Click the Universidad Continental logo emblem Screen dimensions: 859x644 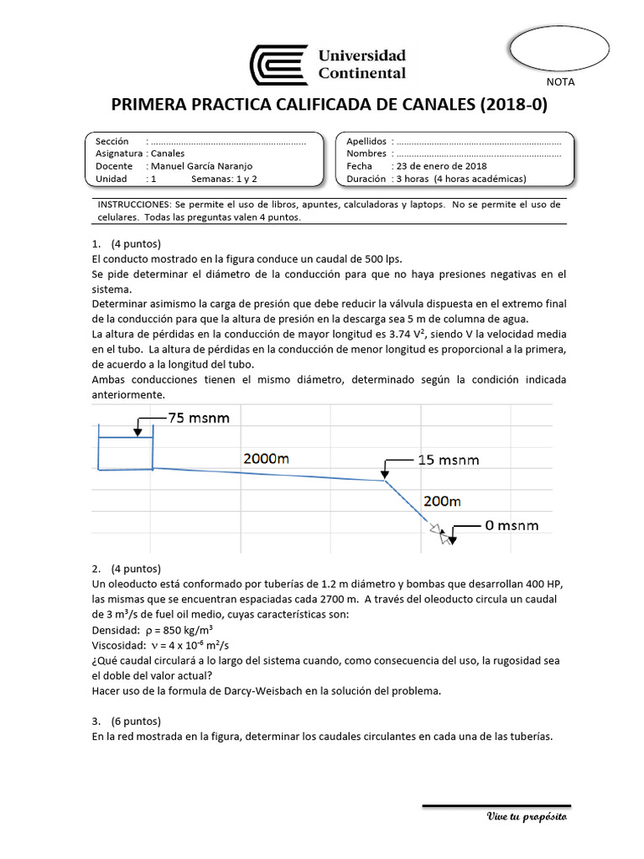click(279, 65)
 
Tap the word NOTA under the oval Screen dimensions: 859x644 click(560, 82)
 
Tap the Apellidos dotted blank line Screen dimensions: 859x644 click(479, 142)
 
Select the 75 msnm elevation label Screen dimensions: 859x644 click(198, 418)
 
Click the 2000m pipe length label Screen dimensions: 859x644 click(267, 459)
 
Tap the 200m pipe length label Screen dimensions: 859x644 click(442, 502)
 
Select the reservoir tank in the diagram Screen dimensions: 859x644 click(126, 453)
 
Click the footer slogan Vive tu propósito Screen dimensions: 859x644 click(527, 816)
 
